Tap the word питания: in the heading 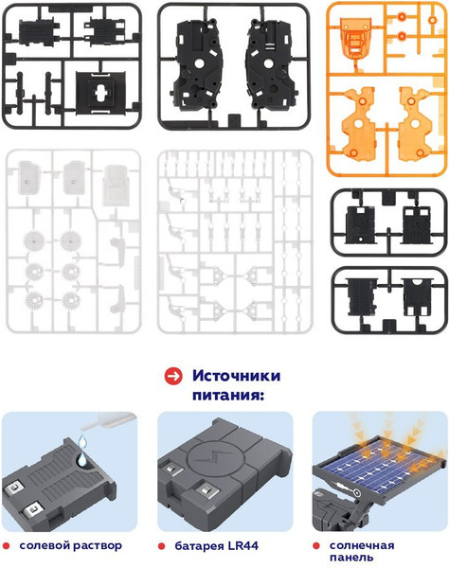click(x=226, y=397)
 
